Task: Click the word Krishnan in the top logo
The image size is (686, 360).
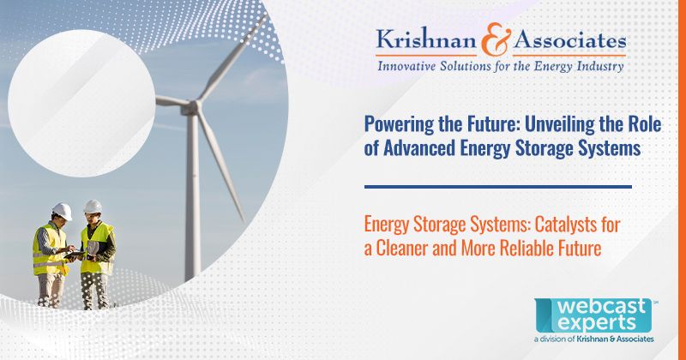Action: pos(413,39)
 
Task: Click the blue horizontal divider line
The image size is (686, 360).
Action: pos(498,186)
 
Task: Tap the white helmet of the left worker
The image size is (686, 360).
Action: pos(62,209)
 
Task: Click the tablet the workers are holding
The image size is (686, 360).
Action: pos(76,255)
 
